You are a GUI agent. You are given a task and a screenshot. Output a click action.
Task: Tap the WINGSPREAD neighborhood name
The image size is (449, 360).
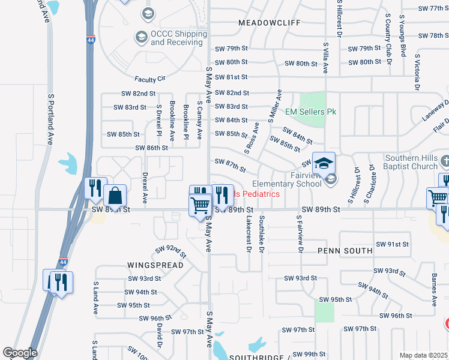coord(151,264)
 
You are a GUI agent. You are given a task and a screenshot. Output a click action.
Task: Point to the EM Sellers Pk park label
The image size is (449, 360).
coord(310,112)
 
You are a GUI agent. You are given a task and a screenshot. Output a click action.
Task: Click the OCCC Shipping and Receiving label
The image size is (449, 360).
coord(176,38)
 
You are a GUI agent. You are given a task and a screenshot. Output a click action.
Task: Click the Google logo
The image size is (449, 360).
coord(20,353)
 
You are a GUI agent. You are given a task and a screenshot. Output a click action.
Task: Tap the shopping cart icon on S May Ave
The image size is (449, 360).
coord(200,205)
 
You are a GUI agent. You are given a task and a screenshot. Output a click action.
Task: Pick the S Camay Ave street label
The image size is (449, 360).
coord(199,117)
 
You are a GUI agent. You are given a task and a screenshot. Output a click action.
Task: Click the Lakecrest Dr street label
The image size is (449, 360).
coord(247,234)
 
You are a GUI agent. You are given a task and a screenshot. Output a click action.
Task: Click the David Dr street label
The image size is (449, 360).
coord(160,335)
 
